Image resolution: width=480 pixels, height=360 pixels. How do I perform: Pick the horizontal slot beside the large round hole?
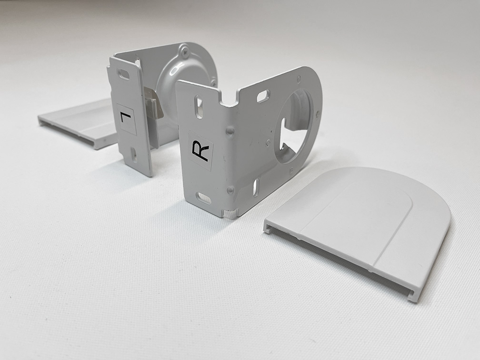point(263,96)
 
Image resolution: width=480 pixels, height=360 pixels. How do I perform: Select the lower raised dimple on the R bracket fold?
point(230,190)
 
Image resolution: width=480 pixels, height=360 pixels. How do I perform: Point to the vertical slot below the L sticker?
point(134,154)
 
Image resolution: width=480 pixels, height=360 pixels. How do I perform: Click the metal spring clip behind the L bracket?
point(154,105)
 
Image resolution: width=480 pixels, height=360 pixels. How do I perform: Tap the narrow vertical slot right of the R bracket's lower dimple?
point(255,187)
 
